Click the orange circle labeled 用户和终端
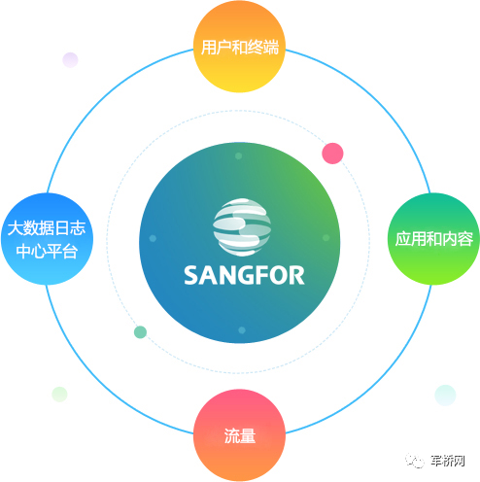[x=239, y=47]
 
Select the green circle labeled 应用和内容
[x=433, y=239]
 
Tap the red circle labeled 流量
[x=240, y=435]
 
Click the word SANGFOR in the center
[x=244, y=275]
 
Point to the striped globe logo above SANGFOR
[x=242, y=227]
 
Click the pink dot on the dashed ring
[x=332, y=154]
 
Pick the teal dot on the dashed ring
[x=140, y=332]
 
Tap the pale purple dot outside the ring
[x=70, y=60]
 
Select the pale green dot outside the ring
[x=59, y=395]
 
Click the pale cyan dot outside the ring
[x=445, y=396]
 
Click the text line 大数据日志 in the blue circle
[x=47, y=228]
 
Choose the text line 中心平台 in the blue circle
[x=47, y=251]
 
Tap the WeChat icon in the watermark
[x=415, y=461]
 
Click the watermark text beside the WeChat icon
[x=448, y=461]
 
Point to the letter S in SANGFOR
[x=191, y=275]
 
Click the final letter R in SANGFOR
[x=297, y=275]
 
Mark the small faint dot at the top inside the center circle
[x=239, y=156]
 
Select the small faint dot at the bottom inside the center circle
[x=242, y=330]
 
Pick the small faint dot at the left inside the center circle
[x=153, y=238]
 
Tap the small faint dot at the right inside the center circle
[x=326, y=238]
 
